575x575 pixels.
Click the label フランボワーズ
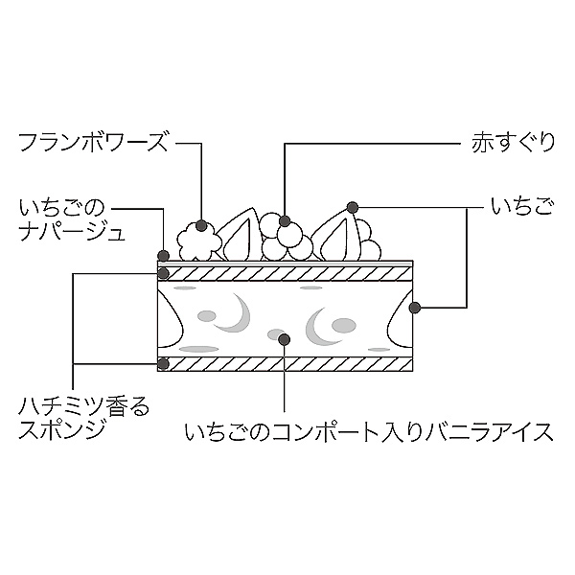pyautogui.click(x=93, y=144)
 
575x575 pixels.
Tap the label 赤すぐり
pyautogui.click(x=513, y=144)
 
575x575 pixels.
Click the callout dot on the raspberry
pyautogui.click(x=201, y=226)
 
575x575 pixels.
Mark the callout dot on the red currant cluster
pyautogui.click(x=285, y=222)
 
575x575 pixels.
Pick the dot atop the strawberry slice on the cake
pyautogui.click(x=353, y=206)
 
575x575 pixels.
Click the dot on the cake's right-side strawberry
pyautogui.click(x=415, y=307)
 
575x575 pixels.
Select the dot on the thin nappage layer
pyautogui.click(x=163, y=255)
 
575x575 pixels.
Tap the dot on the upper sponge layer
pyautogui.click(x=163, y=273)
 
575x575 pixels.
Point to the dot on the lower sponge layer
pyautogui.click(x=163, y=364)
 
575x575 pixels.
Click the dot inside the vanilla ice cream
pyautogui.click(x=285, y=336)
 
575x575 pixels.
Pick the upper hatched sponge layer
pyautogui.click(x=287, y=274)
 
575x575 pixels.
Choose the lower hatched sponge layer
pyautogui.click(x=287, y=364)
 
